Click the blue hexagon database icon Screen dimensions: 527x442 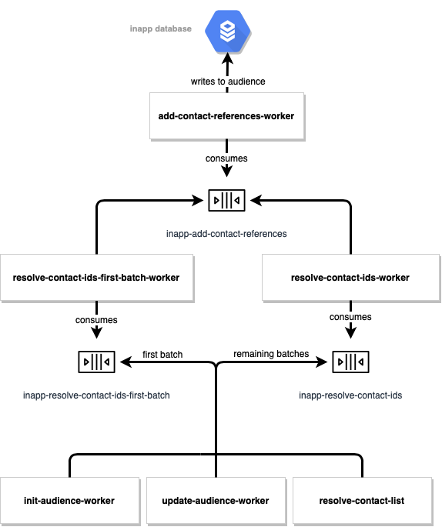tap(227, 31)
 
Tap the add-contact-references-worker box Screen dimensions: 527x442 tap(226, 116)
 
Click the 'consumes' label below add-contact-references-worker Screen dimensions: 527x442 tap(226, 158)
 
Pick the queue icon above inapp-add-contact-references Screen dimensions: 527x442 tap(226, 200)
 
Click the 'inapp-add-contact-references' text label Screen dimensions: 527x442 tap(226, 232)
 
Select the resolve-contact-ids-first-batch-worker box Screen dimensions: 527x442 tap(96, 277)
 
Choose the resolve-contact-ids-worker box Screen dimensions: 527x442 tap(351, 277)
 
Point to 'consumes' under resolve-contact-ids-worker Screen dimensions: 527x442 tap(350, 317)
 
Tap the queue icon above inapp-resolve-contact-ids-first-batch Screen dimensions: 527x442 tap(96, 361)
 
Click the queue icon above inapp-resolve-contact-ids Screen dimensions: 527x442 tap(350, 361)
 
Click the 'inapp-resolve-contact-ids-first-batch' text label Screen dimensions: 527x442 tap(96, 395)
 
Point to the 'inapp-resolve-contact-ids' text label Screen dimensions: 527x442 tap(350, 395)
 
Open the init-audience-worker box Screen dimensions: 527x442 tap(70, 501)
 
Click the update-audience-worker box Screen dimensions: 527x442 tap(216, 501)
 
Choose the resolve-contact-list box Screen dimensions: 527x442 tap(362, 501)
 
